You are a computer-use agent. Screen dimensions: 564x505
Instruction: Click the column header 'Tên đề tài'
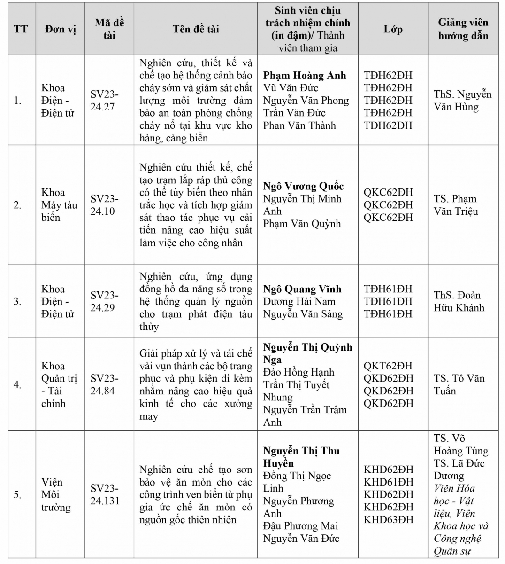pos(196,29)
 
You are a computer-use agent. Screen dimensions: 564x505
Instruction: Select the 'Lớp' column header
pos(393,29)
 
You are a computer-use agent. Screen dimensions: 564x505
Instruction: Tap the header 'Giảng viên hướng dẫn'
pos(463,29)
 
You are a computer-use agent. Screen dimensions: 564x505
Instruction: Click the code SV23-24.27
pos(104,100)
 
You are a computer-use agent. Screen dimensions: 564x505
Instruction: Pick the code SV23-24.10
pos(104,205)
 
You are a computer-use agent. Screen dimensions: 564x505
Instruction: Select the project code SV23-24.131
pos(105,494)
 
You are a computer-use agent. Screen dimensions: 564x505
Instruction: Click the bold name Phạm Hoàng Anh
pos(304,75)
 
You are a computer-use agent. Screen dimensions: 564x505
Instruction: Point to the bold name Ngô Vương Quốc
pos(303,186)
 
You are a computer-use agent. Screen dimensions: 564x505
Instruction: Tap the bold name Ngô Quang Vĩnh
pos(302,289)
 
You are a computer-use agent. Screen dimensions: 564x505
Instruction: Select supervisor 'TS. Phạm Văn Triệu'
pos(455,205)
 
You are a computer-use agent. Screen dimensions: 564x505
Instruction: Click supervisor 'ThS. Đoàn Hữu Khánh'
pos(459,301)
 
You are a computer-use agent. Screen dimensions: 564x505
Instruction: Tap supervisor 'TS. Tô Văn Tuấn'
pos(459,384)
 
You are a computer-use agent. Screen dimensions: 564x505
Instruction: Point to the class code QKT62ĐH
pos(388,366)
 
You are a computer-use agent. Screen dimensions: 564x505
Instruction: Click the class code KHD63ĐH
pos(388,519)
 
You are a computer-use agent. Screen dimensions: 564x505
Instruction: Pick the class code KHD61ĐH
pos(388,482)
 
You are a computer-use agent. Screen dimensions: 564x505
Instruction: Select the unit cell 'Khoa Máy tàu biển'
pos(59,205)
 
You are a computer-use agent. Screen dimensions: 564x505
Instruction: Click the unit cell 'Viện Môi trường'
pos(55,494)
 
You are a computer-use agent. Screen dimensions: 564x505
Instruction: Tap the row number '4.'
pos(17,385)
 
